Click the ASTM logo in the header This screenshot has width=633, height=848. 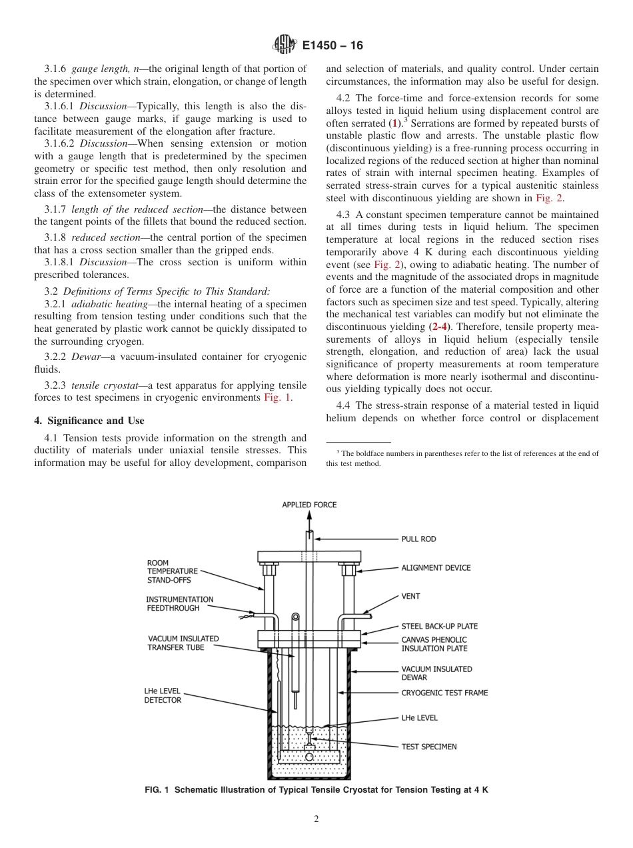click(x=284, y=46)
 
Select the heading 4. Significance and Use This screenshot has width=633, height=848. click(x=89, y=421)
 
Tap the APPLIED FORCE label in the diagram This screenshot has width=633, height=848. click(x=309, y=505)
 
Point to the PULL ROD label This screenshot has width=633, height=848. click(x=418, y=539)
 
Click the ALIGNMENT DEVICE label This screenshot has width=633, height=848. click(x=436, y=568)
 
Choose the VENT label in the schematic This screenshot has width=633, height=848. click(x=410, y=597)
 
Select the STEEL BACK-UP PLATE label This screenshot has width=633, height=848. click(x=439, y=626)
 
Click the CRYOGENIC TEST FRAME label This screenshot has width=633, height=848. click(x=444, y=693)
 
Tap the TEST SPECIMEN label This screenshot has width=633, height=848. click(x=428, y=747)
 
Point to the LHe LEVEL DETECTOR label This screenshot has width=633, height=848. click(x=163, y=695)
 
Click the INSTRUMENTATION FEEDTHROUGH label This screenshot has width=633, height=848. click(x=180, y=604)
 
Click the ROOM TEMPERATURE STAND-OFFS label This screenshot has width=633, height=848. click(x=172, y=571)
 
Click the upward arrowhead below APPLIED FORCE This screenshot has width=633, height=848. click(x=309, y=515)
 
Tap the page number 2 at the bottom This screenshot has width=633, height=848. click(x=316, y=819)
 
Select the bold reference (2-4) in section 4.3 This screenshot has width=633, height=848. click(x=439, y=327)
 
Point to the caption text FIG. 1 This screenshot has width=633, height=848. click(x=158, y=790)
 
